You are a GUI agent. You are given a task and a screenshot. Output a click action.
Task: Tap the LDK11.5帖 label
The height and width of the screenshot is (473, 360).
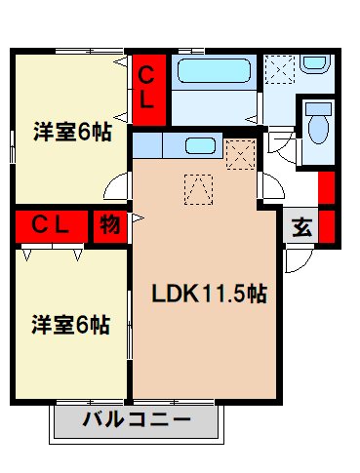coord(208,294)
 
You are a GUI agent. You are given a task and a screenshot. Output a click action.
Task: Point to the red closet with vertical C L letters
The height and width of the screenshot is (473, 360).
coord(147,88)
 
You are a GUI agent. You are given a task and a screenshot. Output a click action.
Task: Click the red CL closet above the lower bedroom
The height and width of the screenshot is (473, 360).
coord(51,225)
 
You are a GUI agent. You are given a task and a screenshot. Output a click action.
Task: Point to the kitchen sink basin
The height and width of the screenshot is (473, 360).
coord(201,146)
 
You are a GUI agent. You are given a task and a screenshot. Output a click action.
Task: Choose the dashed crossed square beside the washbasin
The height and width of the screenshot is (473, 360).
coord(281,70)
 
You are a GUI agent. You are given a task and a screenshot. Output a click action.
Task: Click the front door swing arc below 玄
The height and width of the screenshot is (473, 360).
coord(296,258)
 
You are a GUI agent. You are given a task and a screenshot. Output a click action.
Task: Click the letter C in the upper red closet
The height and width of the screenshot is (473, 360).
coord(147,74)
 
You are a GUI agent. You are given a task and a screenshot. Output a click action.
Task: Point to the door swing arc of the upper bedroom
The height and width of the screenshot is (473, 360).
coord(117,185)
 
